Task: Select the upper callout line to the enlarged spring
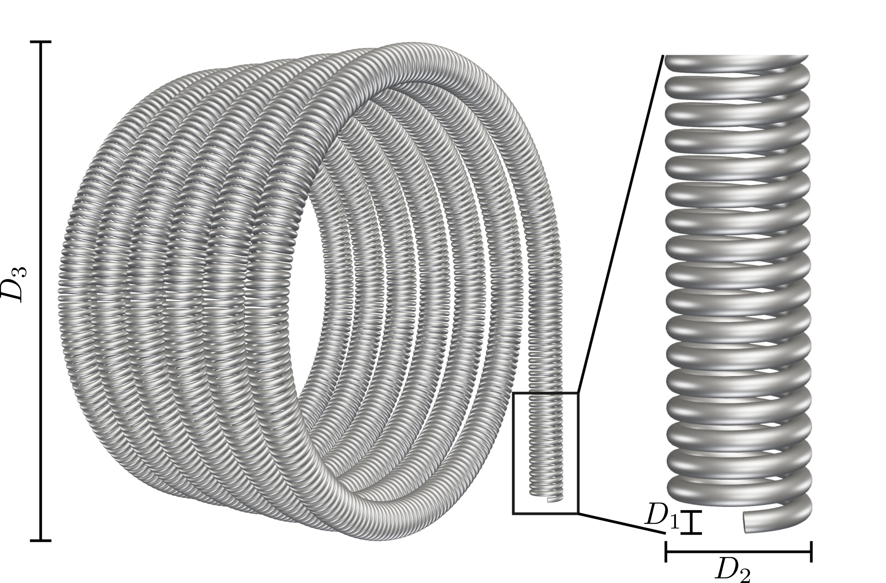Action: (620, 223)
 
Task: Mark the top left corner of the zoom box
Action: (513, 393)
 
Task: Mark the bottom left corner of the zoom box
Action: (513, 514)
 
